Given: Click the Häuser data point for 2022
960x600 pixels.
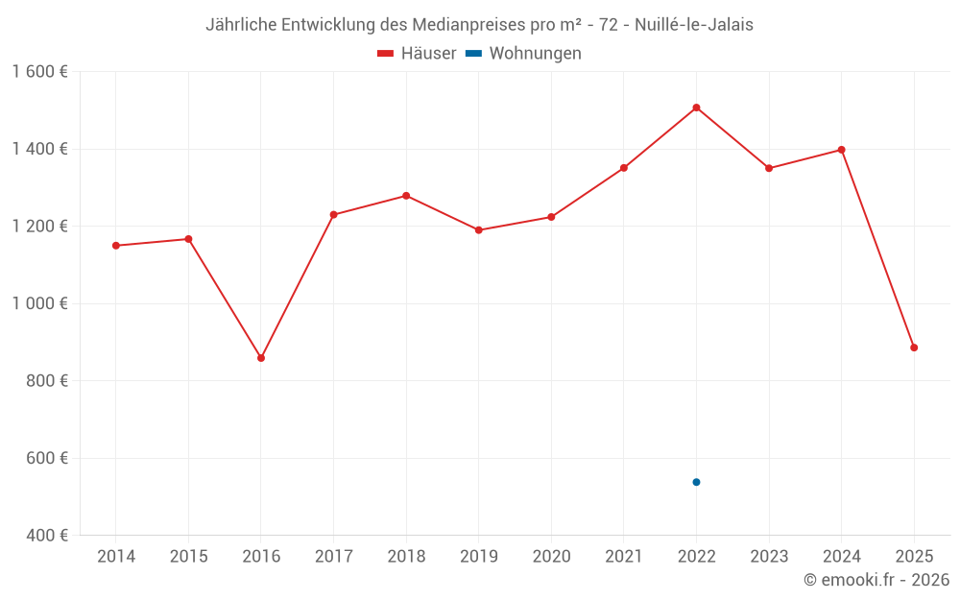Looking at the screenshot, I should (696, 108).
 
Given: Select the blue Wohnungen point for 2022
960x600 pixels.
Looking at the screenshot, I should (696, 482).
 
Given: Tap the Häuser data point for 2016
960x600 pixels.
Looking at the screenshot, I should (261, 358).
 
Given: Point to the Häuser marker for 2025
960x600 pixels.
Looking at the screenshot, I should (914, 348).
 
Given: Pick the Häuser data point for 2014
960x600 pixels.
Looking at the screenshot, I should (116, 246).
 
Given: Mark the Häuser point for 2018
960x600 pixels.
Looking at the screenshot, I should (406, 196).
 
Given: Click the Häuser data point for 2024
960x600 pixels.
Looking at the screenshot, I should (841, 150).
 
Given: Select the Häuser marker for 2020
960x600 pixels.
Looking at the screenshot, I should (551, 217).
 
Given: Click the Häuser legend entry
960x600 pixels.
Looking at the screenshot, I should (417, 54).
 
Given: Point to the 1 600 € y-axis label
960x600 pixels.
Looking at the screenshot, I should (39, 72).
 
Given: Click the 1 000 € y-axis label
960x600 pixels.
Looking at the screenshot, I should (39, 303).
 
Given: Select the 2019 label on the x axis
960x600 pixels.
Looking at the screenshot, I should (478, 557).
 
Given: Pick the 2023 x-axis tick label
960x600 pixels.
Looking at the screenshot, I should (769, 557).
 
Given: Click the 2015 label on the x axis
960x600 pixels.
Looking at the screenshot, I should (188, 557).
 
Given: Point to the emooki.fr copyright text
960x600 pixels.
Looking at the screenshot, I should (876, 580).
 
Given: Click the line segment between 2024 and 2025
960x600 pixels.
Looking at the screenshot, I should (877, 249).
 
